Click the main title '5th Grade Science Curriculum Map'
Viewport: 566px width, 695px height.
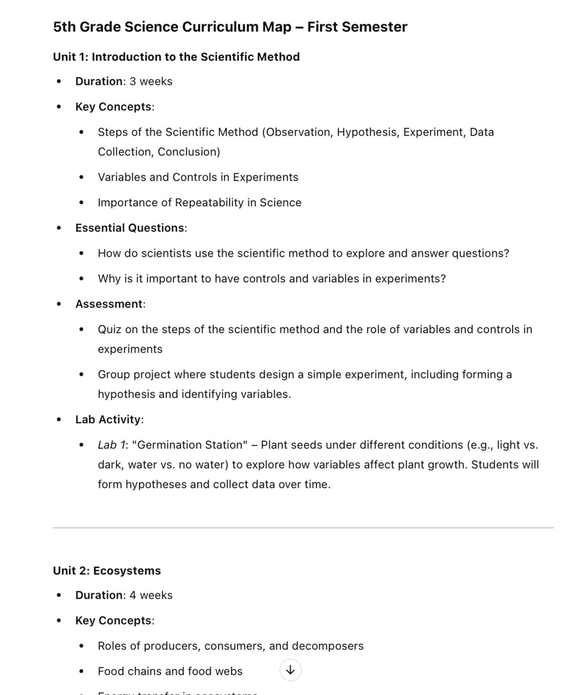pyautogui.click(x=172, y=27)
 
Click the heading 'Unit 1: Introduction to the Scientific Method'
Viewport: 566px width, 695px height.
pyautogui.click(x=176, y=57)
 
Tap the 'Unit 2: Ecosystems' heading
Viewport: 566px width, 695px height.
pyautogui.click(x=107, y=571)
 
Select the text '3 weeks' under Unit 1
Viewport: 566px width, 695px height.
pyautogui.click(x=151, y=81)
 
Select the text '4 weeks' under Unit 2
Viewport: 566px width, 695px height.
pyautogui.click(x=151, y=595)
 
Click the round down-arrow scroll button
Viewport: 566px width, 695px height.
pyautogui.click(x=290, y=670)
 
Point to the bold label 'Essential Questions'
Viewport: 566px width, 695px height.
pyautogui.click(x=130, y=228)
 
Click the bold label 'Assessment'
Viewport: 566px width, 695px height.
pyautogui.click(x=109, y=304)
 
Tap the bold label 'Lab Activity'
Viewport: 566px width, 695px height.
pyautogui.click(x=108, y=419)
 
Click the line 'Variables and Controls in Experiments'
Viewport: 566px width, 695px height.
pyautogui.click(x=198, y=177)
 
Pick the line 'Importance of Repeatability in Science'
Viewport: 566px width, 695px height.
pyautogui.click(x=199, y=203)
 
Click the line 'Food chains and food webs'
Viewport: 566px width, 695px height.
pyautogui.click(x=170, y=671)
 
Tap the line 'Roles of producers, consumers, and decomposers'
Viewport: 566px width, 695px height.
pyautogui.click(x=231, y=646)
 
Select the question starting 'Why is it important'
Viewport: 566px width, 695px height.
pyautogui.click(x=272, y=279)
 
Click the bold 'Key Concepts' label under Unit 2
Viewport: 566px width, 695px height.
pyautogui.click(x=113, y=620)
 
